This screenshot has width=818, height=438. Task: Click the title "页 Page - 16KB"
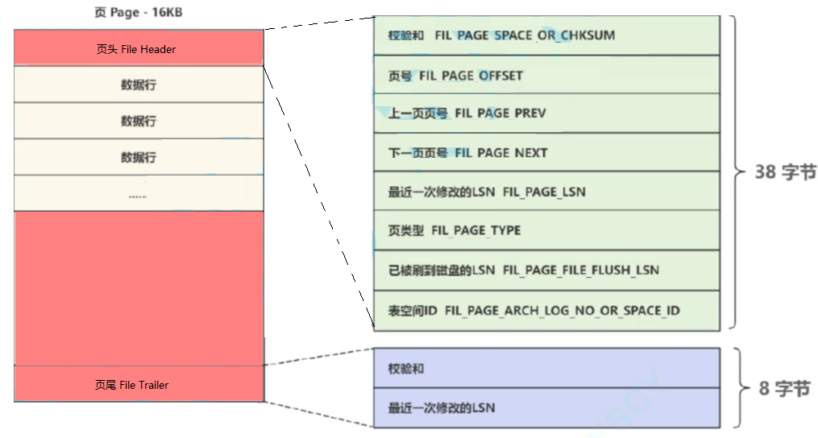tap(139, 14)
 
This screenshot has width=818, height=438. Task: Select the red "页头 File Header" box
tap(139, 48)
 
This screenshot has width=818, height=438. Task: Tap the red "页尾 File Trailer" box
tap(139, 385)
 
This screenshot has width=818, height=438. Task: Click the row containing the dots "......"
tap(139, 194)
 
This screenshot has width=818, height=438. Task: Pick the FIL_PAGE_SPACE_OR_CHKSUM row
tap(546, 35)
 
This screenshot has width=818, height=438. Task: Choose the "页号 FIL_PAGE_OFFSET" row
tap(546, 75)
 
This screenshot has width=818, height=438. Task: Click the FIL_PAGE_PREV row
tap(546, 114)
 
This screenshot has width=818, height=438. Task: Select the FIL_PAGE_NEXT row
tap(546, 152)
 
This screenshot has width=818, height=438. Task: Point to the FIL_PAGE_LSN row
tap(546, 192)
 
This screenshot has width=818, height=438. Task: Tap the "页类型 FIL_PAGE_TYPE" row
tap(546, 230)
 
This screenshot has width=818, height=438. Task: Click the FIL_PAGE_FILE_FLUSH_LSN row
tap(546, 270)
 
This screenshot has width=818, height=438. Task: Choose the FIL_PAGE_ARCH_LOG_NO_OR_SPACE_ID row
tap(546, 310)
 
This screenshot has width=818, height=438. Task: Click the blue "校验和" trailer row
tap(546, 368)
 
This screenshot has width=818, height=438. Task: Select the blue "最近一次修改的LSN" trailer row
tap(546, 407)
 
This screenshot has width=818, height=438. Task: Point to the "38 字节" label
tap(785, 172)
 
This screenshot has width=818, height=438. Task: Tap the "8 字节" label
tap(784, 388)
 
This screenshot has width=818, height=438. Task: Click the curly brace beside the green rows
tap(736, 172)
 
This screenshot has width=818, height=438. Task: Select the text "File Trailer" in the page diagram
tap(144, 385)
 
